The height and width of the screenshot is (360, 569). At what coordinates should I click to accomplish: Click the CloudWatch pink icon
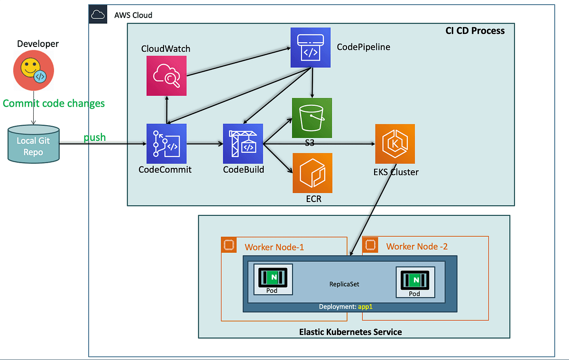[166, 75]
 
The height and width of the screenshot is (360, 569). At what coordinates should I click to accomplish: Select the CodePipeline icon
[311, 48]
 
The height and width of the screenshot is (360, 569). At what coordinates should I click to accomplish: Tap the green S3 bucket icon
[312, 118]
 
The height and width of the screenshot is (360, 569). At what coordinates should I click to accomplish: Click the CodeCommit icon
[166, 143]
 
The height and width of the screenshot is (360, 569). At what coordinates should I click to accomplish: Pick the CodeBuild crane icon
[243, 143]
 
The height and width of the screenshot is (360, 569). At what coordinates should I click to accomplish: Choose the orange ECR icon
[312, 173]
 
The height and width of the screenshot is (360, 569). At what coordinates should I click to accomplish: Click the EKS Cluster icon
[395, 144]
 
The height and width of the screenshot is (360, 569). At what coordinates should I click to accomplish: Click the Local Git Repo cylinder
[34, 145]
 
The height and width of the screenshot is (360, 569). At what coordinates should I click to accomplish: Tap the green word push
[95, 138]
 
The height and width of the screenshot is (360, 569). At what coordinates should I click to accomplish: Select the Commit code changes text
[54, 103]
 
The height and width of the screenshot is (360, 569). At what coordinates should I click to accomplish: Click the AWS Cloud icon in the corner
[97, 15]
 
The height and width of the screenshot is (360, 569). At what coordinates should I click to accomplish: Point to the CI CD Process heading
[475, 31]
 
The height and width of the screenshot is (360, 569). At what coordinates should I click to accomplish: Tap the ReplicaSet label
[344, 284]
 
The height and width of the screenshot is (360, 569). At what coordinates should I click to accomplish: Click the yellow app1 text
[366, 307]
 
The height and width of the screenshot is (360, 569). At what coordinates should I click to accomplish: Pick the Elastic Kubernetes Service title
[350, 332]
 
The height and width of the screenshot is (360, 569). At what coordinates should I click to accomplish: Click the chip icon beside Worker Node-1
[229, 245]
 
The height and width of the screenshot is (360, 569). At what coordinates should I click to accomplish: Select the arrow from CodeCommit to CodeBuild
[205, 143]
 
